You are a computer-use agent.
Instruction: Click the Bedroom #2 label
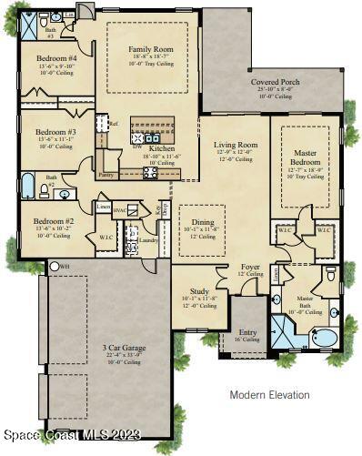(x=53, y=221)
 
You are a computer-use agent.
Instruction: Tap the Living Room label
(x=236, y=145)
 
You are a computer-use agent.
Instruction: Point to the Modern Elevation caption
(x=269, y=395)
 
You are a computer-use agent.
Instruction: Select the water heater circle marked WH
(x=52, y=265)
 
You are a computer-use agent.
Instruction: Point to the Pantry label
(x=106, y=175)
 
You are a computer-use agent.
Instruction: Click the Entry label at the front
(x=246, y=332)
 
